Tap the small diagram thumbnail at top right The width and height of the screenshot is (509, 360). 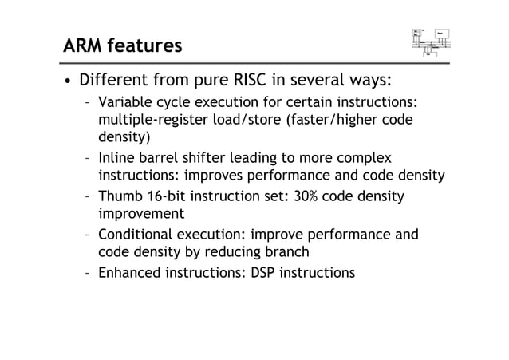[432, 42]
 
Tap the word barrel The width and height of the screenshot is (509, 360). [159, 158]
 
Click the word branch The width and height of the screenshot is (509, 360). [286, 252]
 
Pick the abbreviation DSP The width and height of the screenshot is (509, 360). [269, 273]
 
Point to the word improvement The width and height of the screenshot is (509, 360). [140, 214]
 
